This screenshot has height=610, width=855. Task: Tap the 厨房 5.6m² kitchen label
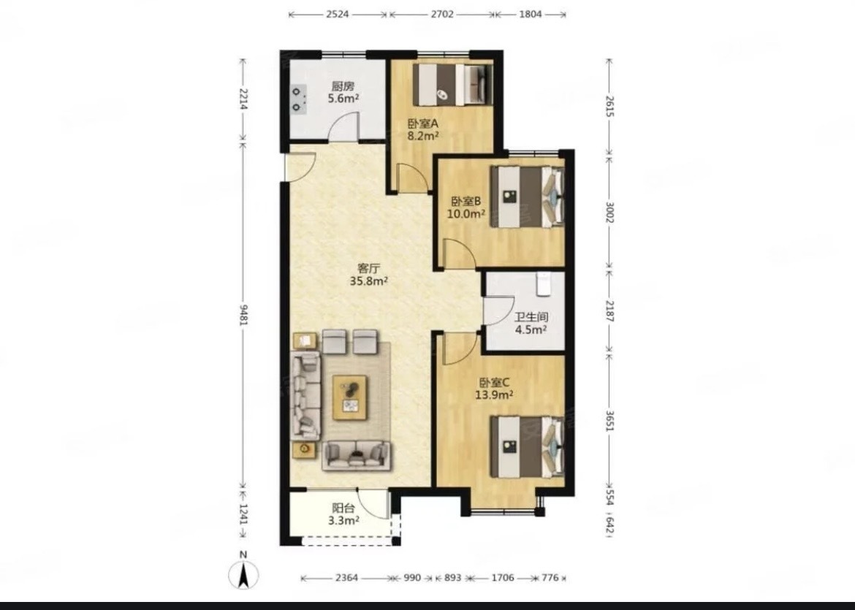coord(343,92)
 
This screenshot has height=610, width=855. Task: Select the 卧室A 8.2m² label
coord(423,129)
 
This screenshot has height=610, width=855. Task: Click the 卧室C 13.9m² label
coord(494,389)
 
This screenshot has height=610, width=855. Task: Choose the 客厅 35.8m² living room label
coord(368,275)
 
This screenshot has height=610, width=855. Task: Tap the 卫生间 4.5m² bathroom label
coord(531,323)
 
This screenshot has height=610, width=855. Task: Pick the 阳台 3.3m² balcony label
coord(343,514)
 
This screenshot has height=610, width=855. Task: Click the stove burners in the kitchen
coord(298,99)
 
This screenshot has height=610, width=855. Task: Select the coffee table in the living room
coord(350,397)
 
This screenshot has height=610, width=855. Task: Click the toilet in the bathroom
coord(544,284)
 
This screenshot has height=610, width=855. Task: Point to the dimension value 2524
coord(338,14)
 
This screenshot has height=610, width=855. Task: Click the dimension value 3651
coord(609,419)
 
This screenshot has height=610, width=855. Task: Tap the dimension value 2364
coord(347,577)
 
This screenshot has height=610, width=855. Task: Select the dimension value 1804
coord(530,14)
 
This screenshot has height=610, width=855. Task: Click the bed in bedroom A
coord(453,85)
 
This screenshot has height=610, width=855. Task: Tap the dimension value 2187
coord(609,311)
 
